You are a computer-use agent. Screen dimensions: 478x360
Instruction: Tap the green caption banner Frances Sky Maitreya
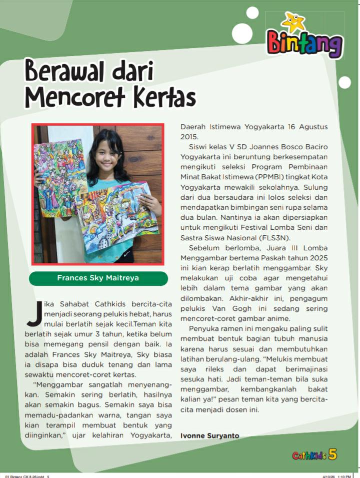pos(98,278)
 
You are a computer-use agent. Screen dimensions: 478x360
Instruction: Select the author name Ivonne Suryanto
pos(210,435)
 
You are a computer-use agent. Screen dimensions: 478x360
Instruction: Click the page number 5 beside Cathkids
pos(333,454)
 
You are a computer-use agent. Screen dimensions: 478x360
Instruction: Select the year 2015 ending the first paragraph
pos(189,136)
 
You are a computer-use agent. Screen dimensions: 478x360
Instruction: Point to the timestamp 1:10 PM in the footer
pos(344,476)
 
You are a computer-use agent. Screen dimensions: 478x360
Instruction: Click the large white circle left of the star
pos(242,33)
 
